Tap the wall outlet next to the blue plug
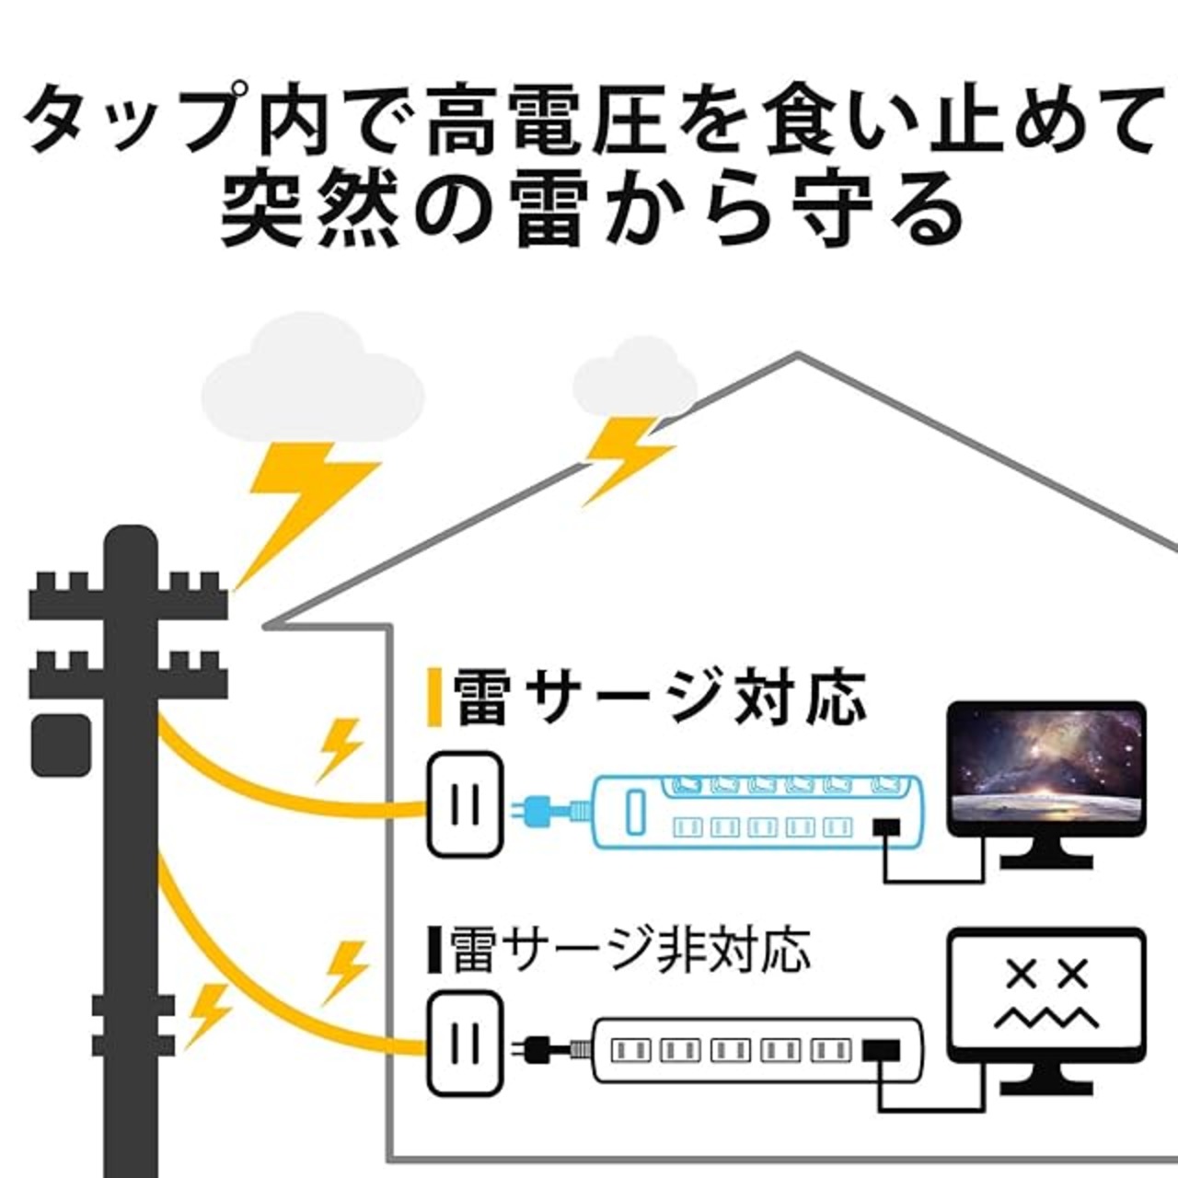(x=465, y=804)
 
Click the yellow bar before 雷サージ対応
(x=434, y=698)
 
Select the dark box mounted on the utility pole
(x=62, y=744)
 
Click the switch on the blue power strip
(x=635, y=812)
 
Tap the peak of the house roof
(x=797, y=353)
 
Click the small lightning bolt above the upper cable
(x=338, y=751)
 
